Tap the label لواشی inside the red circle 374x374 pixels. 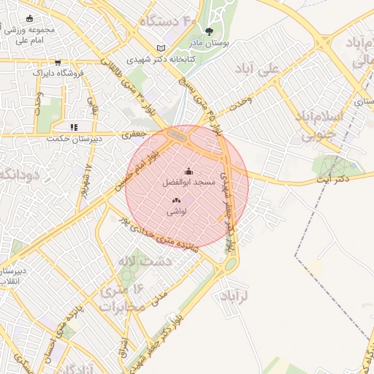point(177,211)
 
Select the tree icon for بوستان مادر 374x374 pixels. point(210,31)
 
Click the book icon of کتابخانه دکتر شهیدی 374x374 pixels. point(161,48)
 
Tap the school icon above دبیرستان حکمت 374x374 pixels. point(74,127)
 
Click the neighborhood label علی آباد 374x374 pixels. point(258,69)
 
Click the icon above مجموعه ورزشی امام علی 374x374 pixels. point(29,18)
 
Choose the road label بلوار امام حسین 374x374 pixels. point(142,167)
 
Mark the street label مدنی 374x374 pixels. point(159,297)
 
